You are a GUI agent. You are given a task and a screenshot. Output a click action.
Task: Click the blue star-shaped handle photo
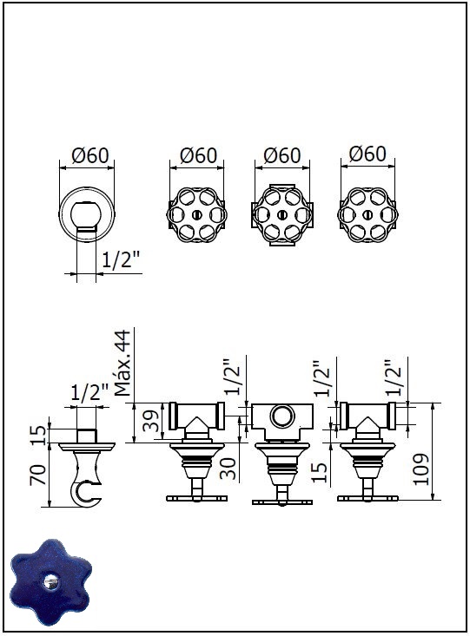point(50,582)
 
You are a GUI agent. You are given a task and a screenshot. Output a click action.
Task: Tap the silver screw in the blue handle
point(51,582)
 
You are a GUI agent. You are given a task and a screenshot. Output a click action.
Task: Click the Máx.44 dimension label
point(122,363)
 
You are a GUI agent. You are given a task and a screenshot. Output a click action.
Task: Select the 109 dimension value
point(420,469)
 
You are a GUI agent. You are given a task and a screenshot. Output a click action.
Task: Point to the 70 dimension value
point(38,475)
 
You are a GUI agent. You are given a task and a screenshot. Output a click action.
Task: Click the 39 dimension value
point(151,421)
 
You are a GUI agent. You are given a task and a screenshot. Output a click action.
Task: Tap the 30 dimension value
point(228,469)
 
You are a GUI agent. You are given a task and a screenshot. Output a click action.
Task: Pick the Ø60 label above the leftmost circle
point(90,155)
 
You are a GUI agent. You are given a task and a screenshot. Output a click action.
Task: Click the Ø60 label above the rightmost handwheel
point(367,154)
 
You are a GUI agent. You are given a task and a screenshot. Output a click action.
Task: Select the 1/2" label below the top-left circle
point(121,259)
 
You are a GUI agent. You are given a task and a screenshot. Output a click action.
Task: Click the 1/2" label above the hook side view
point(89,393)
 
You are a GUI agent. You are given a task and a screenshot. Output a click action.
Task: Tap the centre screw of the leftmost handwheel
point(196,214)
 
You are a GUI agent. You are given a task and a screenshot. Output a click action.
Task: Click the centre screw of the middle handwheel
point(282,214)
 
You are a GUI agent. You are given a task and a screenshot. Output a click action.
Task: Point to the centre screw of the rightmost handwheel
point(367,214)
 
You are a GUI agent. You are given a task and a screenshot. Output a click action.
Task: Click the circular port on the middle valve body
point(282,416)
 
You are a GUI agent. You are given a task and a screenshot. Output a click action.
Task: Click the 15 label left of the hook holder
point(38,435)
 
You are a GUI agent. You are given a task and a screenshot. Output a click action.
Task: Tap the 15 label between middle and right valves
point(320,472)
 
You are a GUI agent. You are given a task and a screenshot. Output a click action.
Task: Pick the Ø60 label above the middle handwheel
point(282,155)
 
